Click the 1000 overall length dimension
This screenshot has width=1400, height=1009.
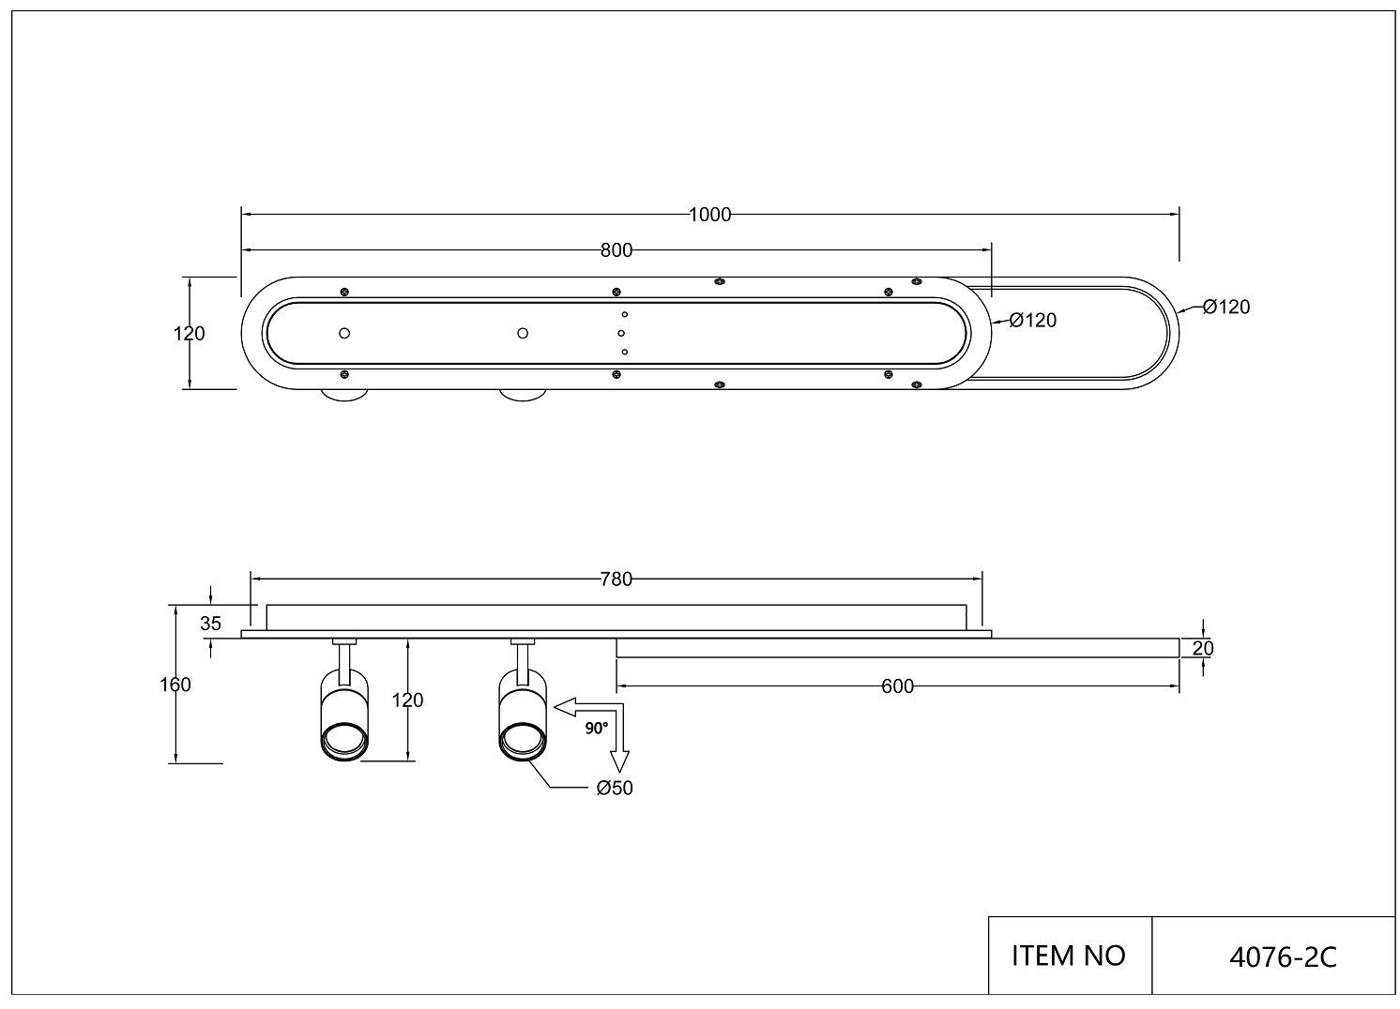(709, 215)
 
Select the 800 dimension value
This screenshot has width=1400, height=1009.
(616, 250)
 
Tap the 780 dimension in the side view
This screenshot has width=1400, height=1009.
(616, 580)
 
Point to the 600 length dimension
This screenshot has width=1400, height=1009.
(897, 686)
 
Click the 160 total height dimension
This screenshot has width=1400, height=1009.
(175, 685)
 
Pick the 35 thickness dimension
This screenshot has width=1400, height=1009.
(210, 623)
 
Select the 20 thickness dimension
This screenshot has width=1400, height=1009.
(1203, 649)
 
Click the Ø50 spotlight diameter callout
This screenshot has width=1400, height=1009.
(615, 789)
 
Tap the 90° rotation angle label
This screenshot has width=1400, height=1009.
(596, 729)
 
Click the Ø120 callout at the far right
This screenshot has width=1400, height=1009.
(1226, 307)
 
